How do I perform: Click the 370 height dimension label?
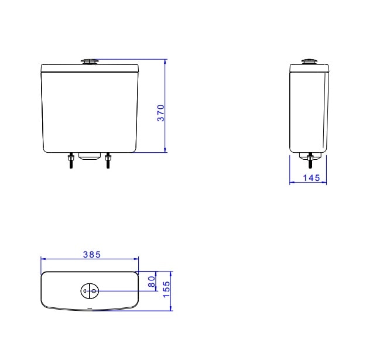pos(161,113)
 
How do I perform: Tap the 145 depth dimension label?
pos(312,178)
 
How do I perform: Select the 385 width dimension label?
pos(92,255)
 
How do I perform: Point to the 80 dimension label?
pos(152,282)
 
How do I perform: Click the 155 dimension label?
pos(167,289)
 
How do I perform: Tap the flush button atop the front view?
pos(90,61)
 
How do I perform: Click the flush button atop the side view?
pos(309,61)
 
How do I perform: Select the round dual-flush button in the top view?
pos(90,291)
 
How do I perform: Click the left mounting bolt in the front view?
pos(70,160)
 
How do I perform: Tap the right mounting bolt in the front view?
pos(108,160)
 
